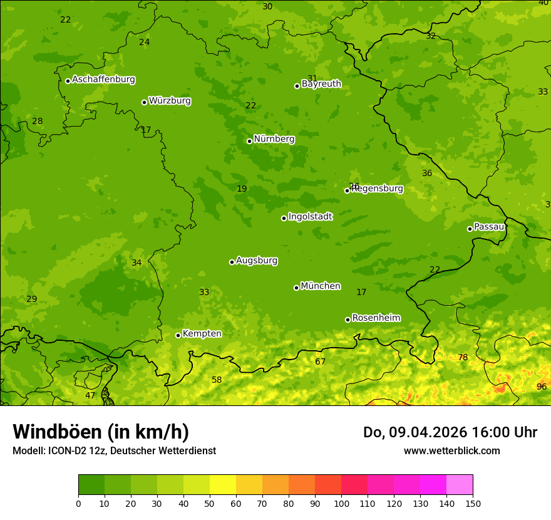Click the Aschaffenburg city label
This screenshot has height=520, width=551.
coord(103,80)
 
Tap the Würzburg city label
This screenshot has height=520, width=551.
coord(170,101)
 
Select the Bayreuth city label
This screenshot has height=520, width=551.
coord(321,84)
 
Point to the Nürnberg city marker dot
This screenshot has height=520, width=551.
coord(249,141)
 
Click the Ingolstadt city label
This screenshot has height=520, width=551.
coord(310,217)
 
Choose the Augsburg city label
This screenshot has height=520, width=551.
coord(257,261)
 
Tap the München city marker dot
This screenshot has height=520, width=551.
coord(296,288)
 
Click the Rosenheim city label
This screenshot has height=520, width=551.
coord(376,318)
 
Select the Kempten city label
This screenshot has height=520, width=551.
coord(202,334)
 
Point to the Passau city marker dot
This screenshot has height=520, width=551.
coord(470,229)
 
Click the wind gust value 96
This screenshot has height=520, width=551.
coord(542,387)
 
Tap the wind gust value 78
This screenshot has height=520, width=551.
coord(463,357)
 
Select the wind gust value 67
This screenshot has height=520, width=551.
coord(321,361)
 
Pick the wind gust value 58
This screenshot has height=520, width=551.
coord(217,380)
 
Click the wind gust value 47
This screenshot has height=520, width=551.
coord(90,395)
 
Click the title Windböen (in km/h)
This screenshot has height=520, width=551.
coord(101,432)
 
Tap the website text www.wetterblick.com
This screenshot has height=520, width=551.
coord(451,450)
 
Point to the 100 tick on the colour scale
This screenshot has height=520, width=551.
coord(341,503)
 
